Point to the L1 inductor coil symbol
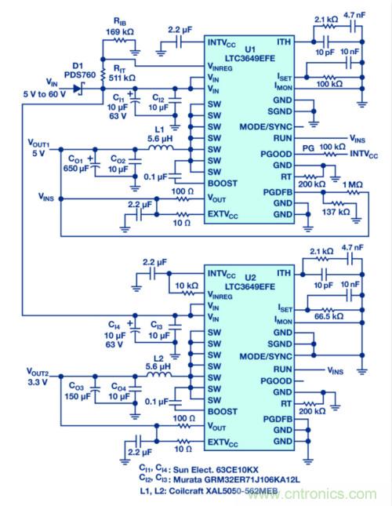pyautogui.click(x=162, y=147)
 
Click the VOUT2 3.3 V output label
pyautogui.click(x=37, y=376)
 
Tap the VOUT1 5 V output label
pyautogui.click(x=37, y=150)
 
